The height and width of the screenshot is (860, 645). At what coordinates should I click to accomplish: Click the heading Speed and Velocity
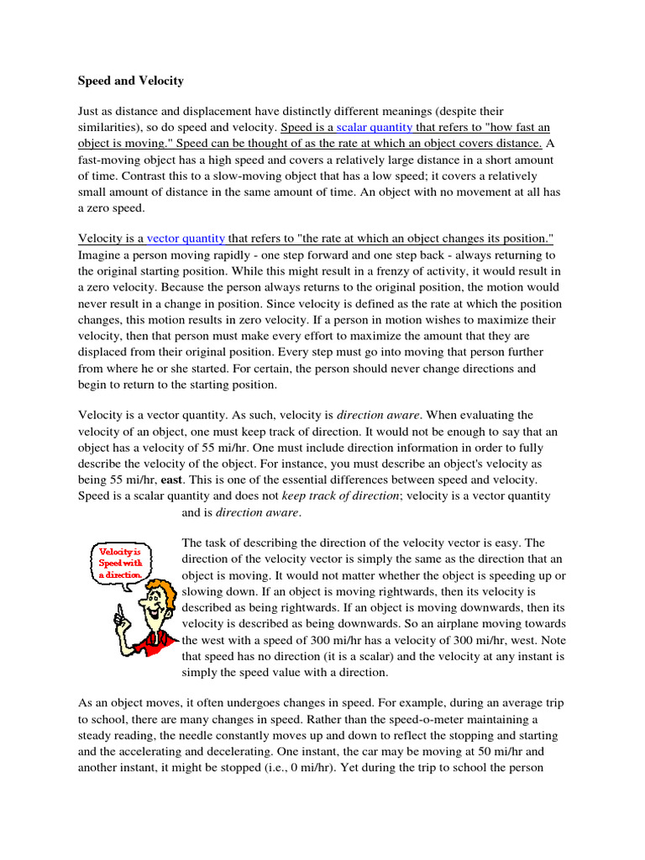(131, 81)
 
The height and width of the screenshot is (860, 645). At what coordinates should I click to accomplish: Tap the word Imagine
(102, 255)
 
